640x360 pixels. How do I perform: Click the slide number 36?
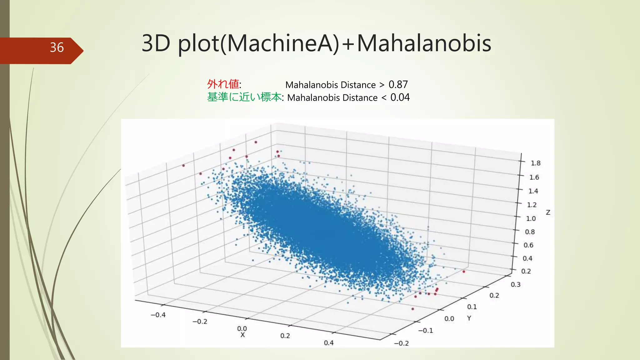coord(57,47)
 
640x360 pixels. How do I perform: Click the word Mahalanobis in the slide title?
coord(424,43)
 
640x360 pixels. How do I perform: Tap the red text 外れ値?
coord(223,84)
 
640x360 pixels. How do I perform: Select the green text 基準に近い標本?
coord(244,97)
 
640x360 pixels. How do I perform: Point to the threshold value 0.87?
coord(398,85)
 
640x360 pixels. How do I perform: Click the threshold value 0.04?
coord(400,97)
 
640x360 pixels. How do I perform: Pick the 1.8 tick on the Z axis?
coord(535,163)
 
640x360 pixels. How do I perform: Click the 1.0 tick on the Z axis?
coord(531,218)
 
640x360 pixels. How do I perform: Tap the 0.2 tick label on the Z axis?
coord(526,271)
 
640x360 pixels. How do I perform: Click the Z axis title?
coord(548,212)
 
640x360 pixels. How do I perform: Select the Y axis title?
coord(469,318)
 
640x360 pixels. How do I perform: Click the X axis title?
coord(242,335)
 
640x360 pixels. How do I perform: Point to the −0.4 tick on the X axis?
coord(158,315)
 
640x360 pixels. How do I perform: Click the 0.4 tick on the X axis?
coord(328,343)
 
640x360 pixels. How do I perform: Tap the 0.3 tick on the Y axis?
coord(516,285)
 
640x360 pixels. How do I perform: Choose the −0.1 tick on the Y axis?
coord(426,331)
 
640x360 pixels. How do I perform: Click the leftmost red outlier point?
coord(183,166)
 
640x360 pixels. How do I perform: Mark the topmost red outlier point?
coord(256,142)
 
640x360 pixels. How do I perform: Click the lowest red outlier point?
coord(412,309)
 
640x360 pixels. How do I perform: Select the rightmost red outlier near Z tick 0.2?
coord(463,272)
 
